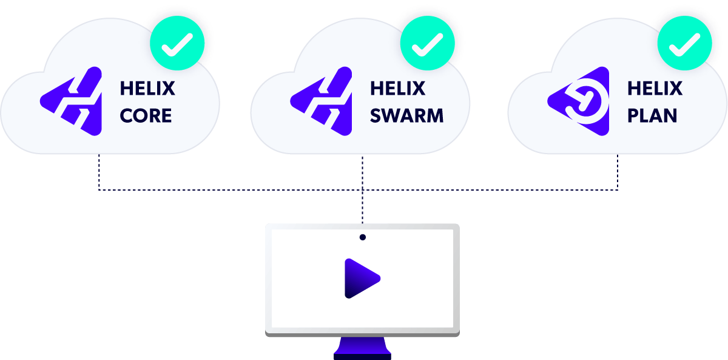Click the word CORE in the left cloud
pyautogui.click(x=146, y=115)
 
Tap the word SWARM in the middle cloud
pyautogui.click(x=406, y=115)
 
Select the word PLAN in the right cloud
pyautogui.click(x=652, y=115)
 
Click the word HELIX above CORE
pyautogui.click(x=147, y=89)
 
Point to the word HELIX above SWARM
pyautogui.click(x=398, y=89)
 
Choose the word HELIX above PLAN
pyautogui.click(x=655, y=89)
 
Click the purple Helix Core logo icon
pyautogui.click(x=72, y=101)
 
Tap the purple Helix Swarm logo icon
pyautogui.click(x=322, y=101)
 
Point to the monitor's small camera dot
pyautogui.click(x=363, y=237)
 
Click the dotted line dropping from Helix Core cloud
pyautogui.click(x=99, y=173)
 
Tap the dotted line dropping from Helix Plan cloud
pyautogui.click(x=618, y=173)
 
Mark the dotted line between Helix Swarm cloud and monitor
pyautogui.click(x=363, y=206)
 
